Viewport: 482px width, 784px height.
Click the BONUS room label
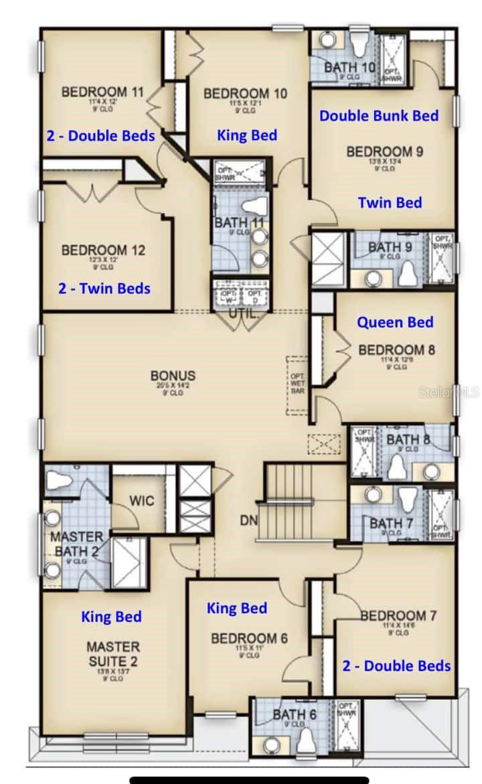(172, 376)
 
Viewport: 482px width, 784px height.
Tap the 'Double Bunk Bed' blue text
(378, 115)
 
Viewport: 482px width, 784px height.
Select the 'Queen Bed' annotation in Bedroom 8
(394, 322)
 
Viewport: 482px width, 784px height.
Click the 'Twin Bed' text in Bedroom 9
(390, 202)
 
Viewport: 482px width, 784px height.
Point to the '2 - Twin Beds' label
(104, 289)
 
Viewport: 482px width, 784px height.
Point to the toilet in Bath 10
(359, 44)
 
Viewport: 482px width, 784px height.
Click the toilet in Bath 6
(307, 740)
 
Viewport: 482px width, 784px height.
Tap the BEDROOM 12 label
(103, 250)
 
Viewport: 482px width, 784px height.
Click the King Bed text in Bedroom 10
(246, 135)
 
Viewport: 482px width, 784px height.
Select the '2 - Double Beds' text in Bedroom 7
(396, 665)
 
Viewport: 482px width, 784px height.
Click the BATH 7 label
(387, 523)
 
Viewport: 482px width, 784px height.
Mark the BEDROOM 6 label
(249, 639)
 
